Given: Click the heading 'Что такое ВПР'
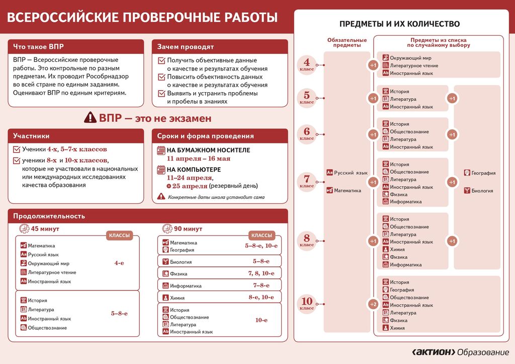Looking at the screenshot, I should (39, 47).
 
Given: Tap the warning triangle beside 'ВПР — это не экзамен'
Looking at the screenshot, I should (90, 118).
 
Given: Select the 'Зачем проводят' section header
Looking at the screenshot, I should (186, 47).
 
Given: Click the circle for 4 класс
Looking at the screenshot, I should (307, 65).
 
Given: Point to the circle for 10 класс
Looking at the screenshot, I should (307, 304).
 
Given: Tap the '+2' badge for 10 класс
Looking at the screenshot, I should (373, 305).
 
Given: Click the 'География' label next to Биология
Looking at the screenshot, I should (483, 173).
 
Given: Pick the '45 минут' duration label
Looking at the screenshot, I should (45, 229).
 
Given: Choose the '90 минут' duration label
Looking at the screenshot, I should (188, 229).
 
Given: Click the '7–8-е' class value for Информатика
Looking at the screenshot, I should (262, 285).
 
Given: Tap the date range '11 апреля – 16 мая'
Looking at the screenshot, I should (198, 158).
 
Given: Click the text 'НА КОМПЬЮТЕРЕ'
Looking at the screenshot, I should (194, 170).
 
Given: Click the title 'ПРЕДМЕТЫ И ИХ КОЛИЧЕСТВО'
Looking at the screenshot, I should (399, 24).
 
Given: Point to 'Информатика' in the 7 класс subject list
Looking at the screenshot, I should (405, 202).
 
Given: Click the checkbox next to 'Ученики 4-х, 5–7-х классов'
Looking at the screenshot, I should (17, 150).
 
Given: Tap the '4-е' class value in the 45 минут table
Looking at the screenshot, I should (119, 263).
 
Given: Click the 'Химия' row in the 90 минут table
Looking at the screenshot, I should (178, 298).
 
